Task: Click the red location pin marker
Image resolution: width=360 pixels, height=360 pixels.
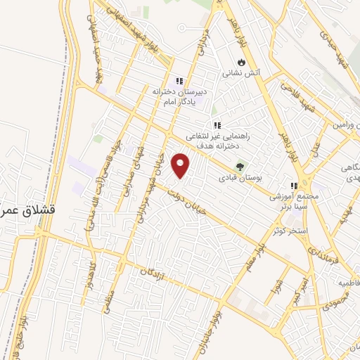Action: [x=182, y=165]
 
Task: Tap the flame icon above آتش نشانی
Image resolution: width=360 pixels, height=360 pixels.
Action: [x=242, y=60]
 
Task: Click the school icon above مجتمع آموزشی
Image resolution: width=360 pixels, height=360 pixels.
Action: [x=294, y=187]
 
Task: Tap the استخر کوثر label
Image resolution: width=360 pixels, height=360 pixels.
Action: [x=281, y=230]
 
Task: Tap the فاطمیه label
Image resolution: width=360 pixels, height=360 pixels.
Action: [x=347, y=283]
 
